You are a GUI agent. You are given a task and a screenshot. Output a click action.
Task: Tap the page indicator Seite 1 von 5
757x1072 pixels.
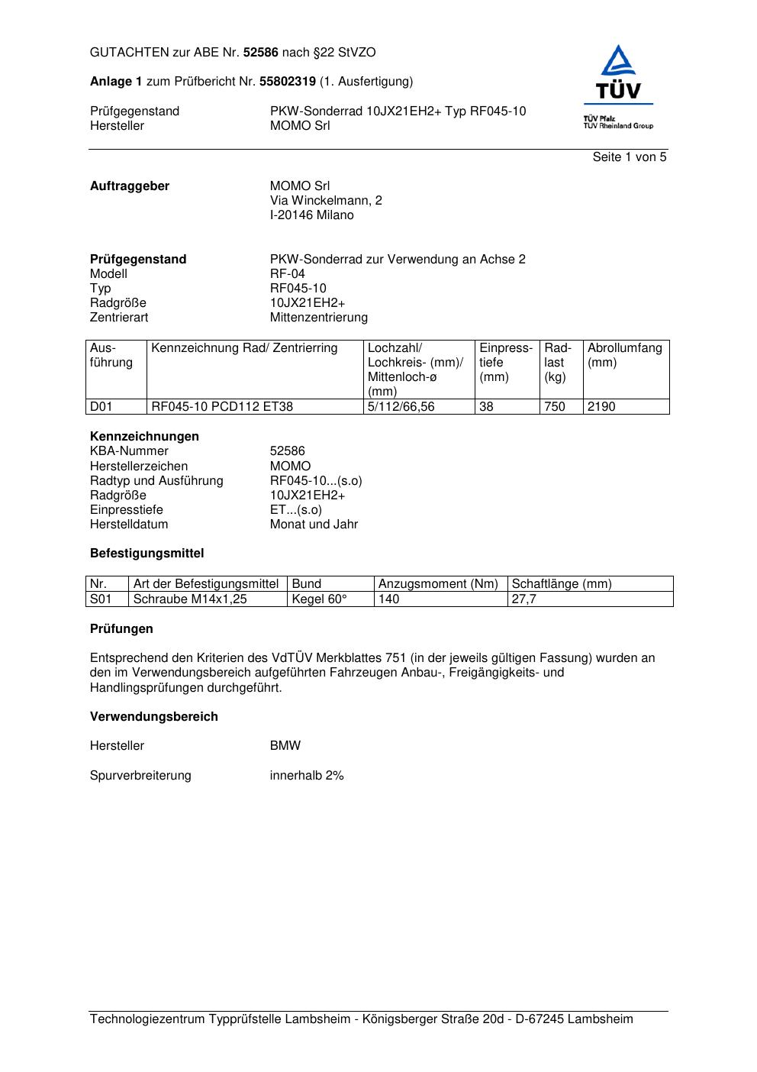[x=630, y=157]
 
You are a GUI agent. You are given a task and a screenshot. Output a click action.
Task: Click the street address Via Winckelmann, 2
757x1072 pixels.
[x=326, y=201]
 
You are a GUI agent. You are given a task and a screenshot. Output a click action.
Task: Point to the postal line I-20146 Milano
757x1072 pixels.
[x=311, y=215]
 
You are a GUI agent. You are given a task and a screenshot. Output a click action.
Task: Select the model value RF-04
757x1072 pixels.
[x=287, y=274]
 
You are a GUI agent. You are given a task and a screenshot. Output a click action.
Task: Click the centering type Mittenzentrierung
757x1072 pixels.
[x=318, y=318]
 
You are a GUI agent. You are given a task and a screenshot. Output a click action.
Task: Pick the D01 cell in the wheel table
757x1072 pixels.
[x=101, y=407]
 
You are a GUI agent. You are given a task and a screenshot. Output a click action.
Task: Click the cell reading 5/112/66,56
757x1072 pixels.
[x=401, y=407]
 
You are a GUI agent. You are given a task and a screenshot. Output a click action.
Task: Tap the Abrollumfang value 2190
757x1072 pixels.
[x=601, y=407]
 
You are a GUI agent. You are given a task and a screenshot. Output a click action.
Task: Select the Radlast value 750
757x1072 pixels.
[x=555, y=407]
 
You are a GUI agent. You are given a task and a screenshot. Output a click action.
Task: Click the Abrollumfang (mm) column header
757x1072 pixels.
[x=624, y=355]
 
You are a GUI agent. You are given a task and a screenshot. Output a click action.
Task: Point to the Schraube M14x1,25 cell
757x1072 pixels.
[x=190, y=599]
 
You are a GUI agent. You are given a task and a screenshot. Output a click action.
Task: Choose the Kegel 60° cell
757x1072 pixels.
[x=319, y=599]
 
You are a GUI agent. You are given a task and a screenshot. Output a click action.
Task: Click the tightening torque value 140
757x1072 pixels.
[x=389, y=599]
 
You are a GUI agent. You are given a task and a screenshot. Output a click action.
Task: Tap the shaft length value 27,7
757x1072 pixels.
[x=524, y=599]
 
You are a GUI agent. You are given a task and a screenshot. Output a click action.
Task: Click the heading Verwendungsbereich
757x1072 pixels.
[x=154, y=717]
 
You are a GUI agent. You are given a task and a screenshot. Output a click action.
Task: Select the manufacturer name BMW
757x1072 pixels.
[x=285, y=746]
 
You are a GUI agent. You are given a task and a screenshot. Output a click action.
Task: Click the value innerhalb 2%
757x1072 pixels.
[x=307, y=776]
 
